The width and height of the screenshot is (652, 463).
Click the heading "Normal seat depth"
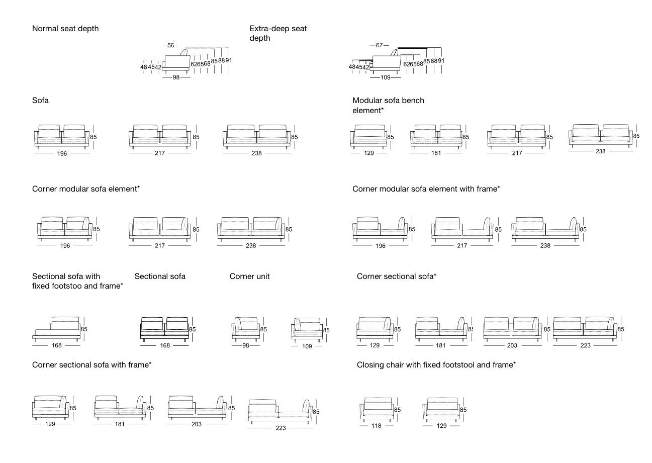[65, 29]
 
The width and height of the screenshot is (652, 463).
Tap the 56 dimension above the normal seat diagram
[171, 45]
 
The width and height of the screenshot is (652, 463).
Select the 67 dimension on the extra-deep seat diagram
[380, 45]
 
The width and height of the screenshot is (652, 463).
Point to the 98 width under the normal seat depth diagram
[176, 77]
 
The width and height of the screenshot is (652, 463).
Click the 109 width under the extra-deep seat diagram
[386, 77]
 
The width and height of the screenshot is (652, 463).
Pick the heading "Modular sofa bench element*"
[388, 105]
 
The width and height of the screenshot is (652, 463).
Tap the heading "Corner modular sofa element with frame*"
[426, 189]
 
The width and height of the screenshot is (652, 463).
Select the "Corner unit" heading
[250, 276]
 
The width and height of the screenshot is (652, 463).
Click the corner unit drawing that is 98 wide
[246, 329]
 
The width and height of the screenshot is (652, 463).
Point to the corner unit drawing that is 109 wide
[307, 330]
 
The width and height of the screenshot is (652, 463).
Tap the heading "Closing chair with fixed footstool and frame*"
[436, 364]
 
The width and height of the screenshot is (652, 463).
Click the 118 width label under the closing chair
[376, 426]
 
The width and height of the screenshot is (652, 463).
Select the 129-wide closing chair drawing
[441, 409]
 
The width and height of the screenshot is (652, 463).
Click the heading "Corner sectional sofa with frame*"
[92, 364]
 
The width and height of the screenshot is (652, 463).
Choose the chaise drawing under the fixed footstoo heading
[57, 328]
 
